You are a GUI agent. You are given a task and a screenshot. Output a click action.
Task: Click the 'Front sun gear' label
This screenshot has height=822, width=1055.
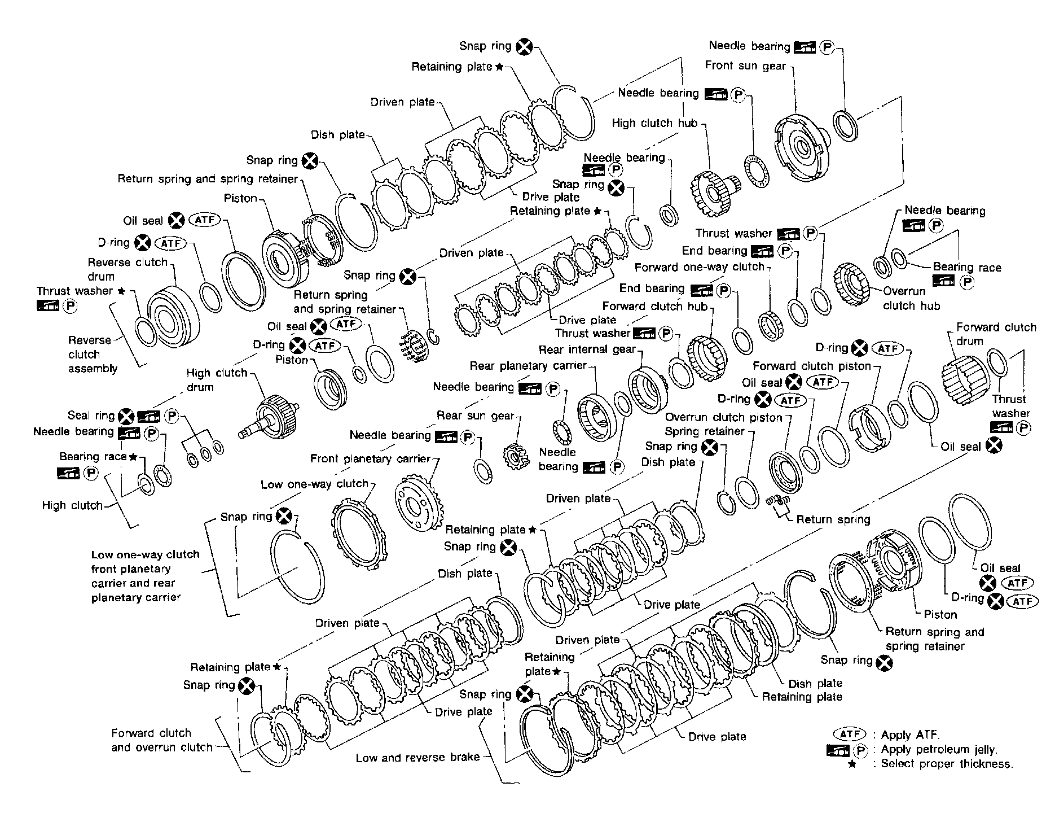(745, 65)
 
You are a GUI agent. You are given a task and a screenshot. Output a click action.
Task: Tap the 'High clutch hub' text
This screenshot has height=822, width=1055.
(655, 123)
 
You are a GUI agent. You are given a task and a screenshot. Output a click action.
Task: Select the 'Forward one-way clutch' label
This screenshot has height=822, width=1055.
(700, 267)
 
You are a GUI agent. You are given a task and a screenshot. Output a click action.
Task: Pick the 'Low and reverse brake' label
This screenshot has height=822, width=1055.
(417, 758)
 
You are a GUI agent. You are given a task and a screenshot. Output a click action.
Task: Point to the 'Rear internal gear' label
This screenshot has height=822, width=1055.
(587, 349)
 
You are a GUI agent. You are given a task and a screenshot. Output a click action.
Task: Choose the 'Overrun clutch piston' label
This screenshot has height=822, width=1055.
(723, 418)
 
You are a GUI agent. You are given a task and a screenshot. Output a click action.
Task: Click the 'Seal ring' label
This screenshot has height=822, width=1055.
(91, 416)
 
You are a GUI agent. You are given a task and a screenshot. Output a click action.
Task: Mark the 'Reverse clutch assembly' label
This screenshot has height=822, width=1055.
(93, 355)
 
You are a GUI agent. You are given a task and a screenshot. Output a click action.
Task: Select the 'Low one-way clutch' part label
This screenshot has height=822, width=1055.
(314, 484)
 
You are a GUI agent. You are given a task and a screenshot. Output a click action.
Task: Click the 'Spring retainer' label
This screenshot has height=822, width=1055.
(705, 432)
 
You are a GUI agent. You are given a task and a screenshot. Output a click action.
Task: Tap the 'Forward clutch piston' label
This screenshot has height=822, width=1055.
(812, 366)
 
